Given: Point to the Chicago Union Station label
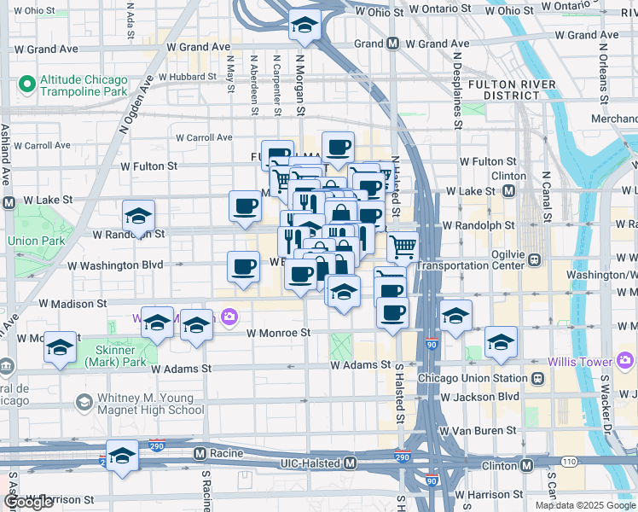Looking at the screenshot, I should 473,378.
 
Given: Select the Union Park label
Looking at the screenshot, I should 36,241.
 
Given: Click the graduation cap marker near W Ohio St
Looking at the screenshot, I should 303,26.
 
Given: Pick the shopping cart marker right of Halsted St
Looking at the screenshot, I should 403,247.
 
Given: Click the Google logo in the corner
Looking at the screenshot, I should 28,502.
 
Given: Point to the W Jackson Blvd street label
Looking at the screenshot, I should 481,397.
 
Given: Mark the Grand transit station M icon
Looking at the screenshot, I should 392,44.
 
